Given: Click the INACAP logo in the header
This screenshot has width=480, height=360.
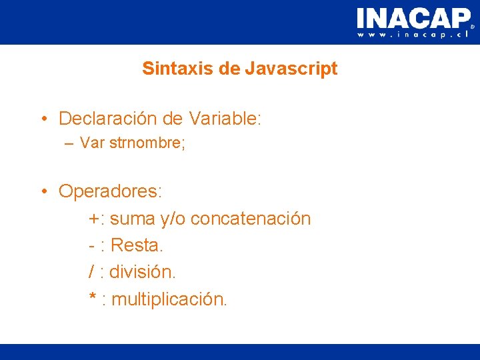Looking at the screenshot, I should [413, 17].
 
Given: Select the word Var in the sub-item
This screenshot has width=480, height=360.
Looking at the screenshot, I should [91, 143].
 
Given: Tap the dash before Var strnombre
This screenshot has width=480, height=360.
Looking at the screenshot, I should [69, 143].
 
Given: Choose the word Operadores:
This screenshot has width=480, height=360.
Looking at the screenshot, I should [110, 192].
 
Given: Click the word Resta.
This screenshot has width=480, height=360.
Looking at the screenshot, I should [137, 246].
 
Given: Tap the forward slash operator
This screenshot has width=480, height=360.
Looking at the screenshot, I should [92, 273].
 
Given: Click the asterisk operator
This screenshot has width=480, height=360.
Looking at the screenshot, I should [93, 297].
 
